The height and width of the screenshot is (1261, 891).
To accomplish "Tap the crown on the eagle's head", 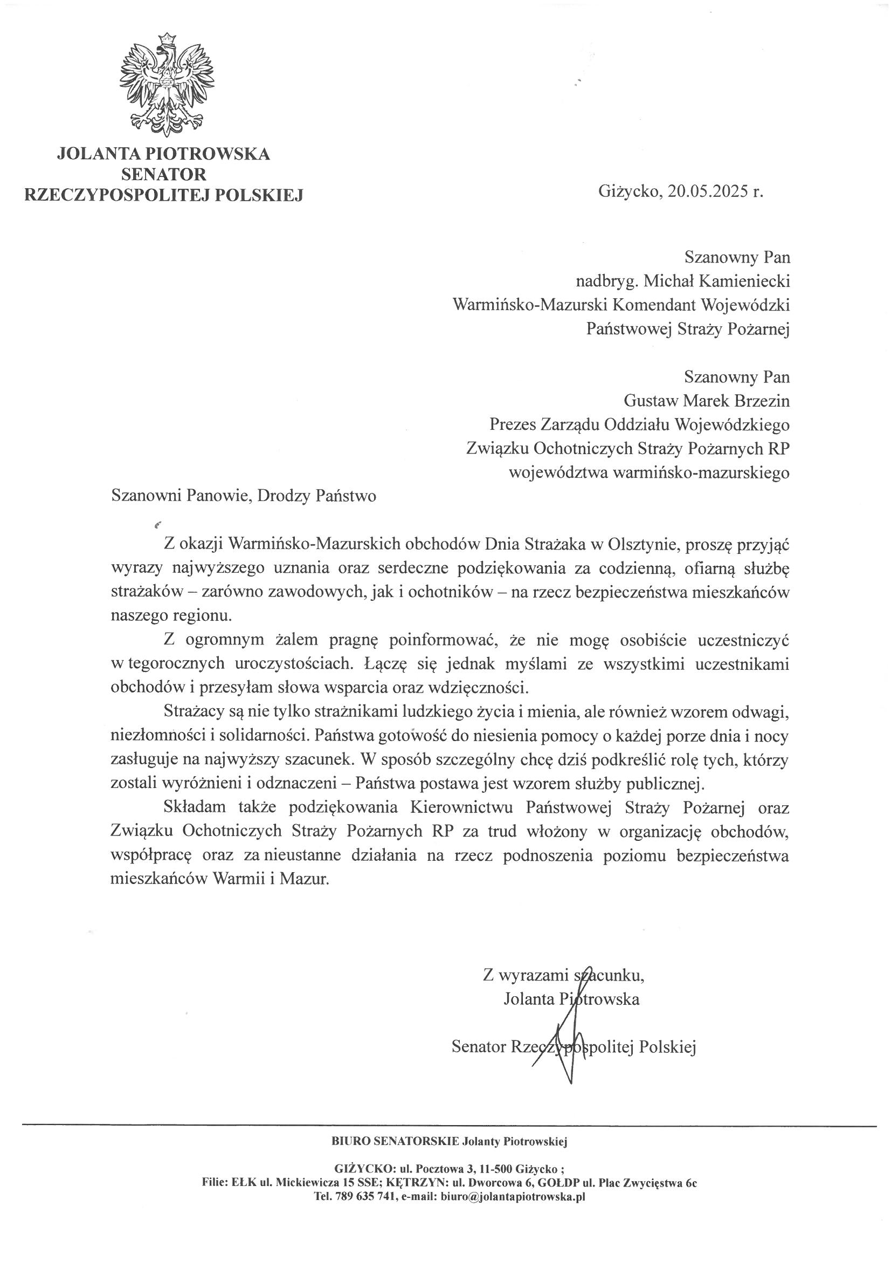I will point(166,39).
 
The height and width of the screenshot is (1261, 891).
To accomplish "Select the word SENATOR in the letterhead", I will point(164,174).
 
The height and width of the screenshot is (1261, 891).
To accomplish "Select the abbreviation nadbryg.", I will point(606,281).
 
